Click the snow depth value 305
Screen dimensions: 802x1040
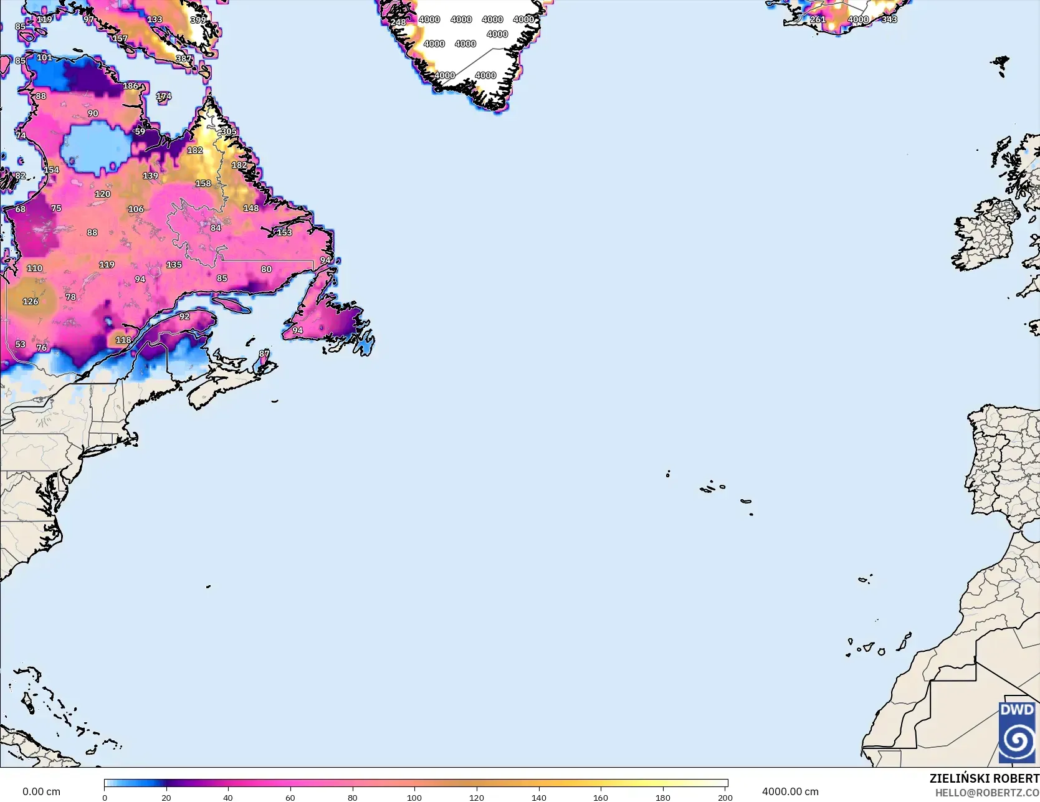tap(229, 131)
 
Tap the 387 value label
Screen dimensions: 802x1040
tap(184, 59)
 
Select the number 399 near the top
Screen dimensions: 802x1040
tap(198, 20)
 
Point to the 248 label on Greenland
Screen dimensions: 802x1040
tap(398, 22)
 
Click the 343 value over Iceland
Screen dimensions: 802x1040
tap(889, 19)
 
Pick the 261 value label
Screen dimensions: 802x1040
tap(818, 19)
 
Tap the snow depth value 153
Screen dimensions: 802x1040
tap(284, 232)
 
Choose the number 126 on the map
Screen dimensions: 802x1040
tap(31, 302)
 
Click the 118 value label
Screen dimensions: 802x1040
tap(123, 340)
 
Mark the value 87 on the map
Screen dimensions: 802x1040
tap(264, 353)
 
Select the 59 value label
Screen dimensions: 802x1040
tap(140, 131)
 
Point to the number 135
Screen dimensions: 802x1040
tap(174, 265)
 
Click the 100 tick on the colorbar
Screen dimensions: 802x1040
tap(414, 798)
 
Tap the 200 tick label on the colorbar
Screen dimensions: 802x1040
tap(725, 798)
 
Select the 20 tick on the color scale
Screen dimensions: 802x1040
tap(166, 798)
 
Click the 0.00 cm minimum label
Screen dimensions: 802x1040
tap(42, 792)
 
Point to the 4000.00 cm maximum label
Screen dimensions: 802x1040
tap(790, 792)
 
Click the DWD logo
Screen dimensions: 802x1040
tap(1016, 732)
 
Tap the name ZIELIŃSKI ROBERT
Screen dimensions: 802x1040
tap(984, 778)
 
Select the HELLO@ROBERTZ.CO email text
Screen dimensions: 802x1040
tap(987, 793)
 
